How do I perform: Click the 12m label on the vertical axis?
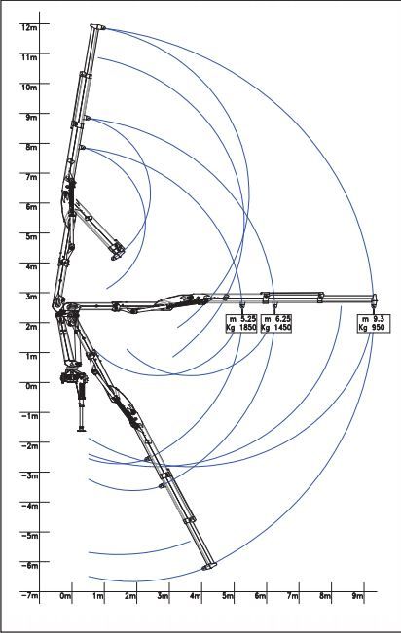click(29, 27)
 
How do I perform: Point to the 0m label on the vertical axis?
click(31, 386)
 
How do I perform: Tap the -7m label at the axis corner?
click(29, 595)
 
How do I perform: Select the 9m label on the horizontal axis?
click(357, 596)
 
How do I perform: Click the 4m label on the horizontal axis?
click(196, 596)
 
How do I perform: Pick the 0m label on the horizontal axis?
click(65, 596)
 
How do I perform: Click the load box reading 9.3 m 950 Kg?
click(374, 324)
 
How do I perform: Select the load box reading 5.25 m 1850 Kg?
click(241, 324)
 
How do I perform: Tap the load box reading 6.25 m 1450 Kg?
click(276, 324)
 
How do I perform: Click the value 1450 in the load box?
click(281, 328)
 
